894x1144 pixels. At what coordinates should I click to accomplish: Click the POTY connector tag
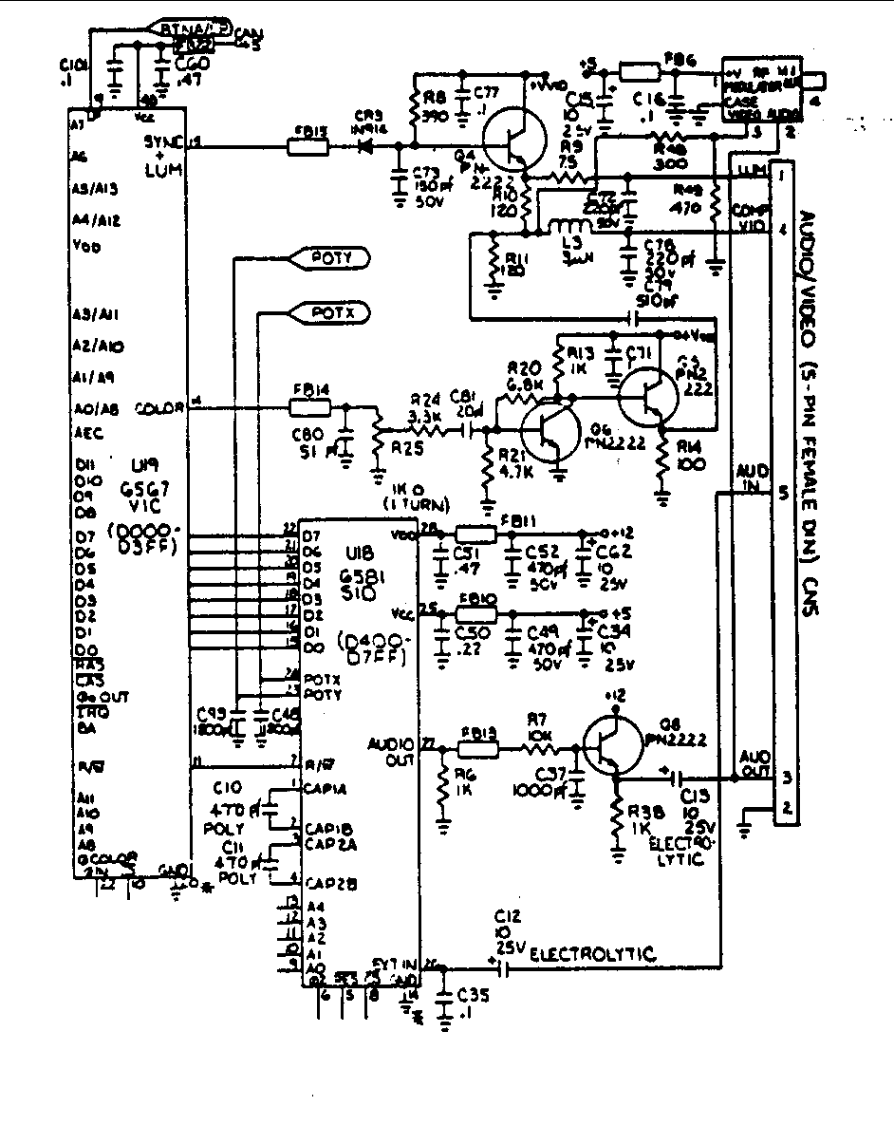point(329,257)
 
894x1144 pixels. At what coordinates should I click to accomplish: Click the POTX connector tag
point(329,311)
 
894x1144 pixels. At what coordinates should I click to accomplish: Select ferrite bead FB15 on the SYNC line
point(308,147)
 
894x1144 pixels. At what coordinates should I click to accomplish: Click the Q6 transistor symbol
point(550,433)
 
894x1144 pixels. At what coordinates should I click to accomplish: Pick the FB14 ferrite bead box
point(309,408)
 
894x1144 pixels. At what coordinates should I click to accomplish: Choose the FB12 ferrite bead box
point(476,748)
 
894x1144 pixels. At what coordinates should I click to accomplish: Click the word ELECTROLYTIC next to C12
point(592,954)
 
